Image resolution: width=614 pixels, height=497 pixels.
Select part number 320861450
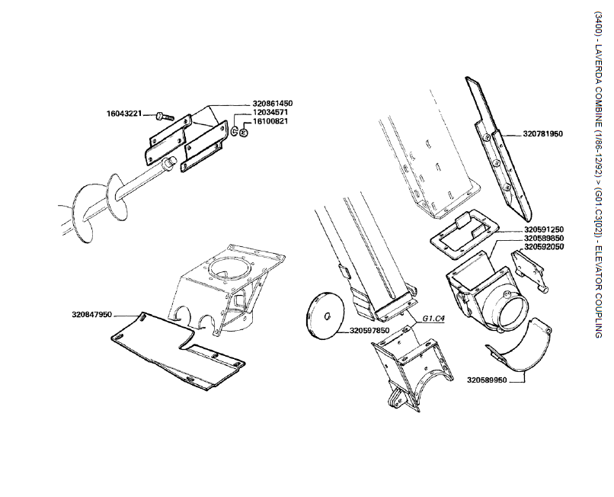click(x=273, y=103)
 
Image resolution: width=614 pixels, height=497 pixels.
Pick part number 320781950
click(x=542, y=133)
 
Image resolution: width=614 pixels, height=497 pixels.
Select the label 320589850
click(x=544, y=239)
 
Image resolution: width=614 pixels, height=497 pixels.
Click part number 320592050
click(x=544, y=248)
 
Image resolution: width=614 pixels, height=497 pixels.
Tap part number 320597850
click(x=369, y=331)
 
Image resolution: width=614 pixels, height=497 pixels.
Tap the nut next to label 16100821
click(x=243, y=132)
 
